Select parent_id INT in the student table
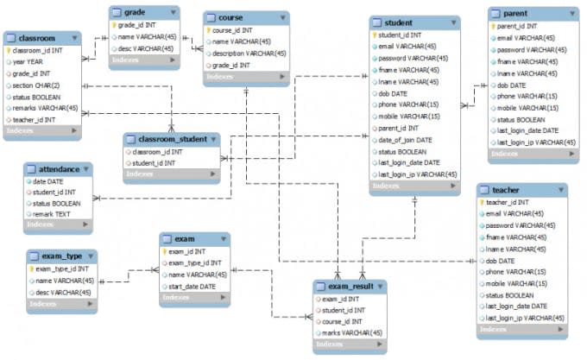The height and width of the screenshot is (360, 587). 398,128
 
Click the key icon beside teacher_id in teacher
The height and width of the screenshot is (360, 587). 482,202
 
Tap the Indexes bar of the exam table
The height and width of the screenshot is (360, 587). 194,300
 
